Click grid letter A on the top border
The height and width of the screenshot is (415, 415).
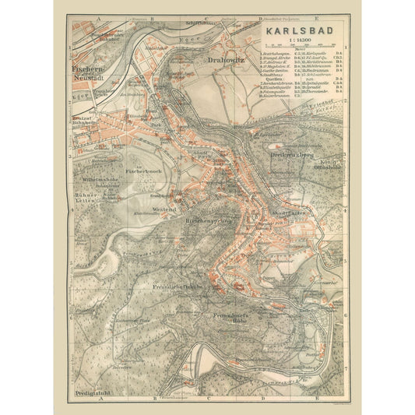click(99, 16)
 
